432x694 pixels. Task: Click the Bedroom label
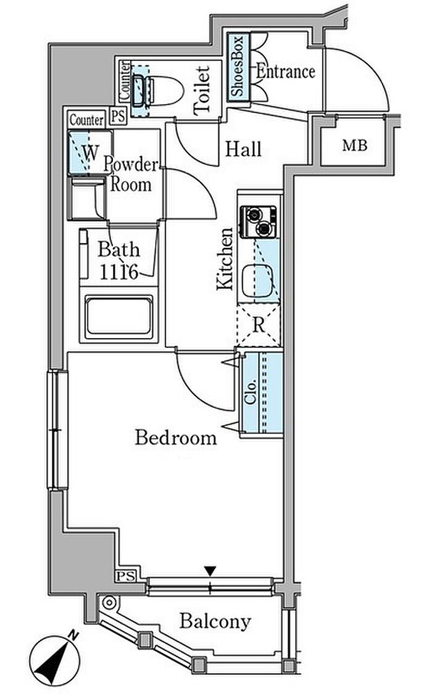[x=176, y=437]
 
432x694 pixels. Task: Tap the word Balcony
[x=215, y=622]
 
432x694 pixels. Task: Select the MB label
[x=354, y=145]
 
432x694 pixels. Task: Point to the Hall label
[x=243, y=149]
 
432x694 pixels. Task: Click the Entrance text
[x=286, y=72]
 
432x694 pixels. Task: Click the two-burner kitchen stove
[x=258, y=221]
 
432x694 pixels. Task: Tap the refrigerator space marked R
[x=259, y=325]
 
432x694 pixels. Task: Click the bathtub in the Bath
[x=119, y=315]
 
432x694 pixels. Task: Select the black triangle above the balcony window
[x=210, y=571]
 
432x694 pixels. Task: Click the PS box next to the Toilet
[x=118, y=117]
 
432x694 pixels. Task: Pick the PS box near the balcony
[x=126, y=576]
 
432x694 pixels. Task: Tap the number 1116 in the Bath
[x=118, y=271]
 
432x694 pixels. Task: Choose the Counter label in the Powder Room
[x=87, y=120]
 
